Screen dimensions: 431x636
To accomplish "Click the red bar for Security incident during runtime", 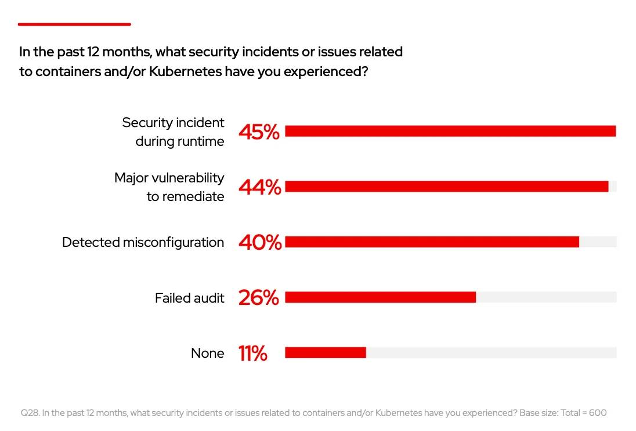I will [x=450, y=131].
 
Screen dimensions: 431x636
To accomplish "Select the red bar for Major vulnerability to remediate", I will [x=446, y=186].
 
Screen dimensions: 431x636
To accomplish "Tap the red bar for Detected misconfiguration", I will [x=432, y=242].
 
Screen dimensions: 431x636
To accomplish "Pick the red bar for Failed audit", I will [x=380, y=297].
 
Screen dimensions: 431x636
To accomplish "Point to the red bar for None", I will [x=325, y=353].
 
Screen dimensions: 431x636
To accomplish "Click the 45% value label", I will [x=259, y=132].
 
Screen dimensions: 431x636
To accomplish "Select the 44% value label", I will [x=259, y=187].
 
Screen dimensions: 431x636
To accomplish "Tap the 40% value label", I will [x=259, y=243].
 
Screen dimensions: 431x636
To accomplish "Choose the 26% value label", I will [x=259, y=298].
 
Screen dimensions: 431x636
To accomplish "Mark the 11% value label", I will [x=252, y=353].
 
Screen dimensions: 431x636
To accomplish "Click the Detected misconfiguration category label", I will [x=143, y=242].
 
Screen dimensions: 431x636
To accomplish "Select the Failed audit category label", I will [x=189, y=298].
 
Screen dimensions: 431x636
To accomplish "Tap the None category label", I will [x=207, y=353].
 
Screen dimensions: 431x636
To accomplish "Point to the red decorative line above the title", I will [x=74, y=24].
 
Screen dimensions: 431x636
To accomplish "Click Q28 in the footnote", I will [x=29, y=413].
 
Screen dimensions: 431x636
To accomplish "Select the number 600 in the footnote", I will [x=597, y=413].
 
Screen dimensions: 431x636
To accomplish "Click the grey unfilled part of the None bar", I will [x=490, y=353].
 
